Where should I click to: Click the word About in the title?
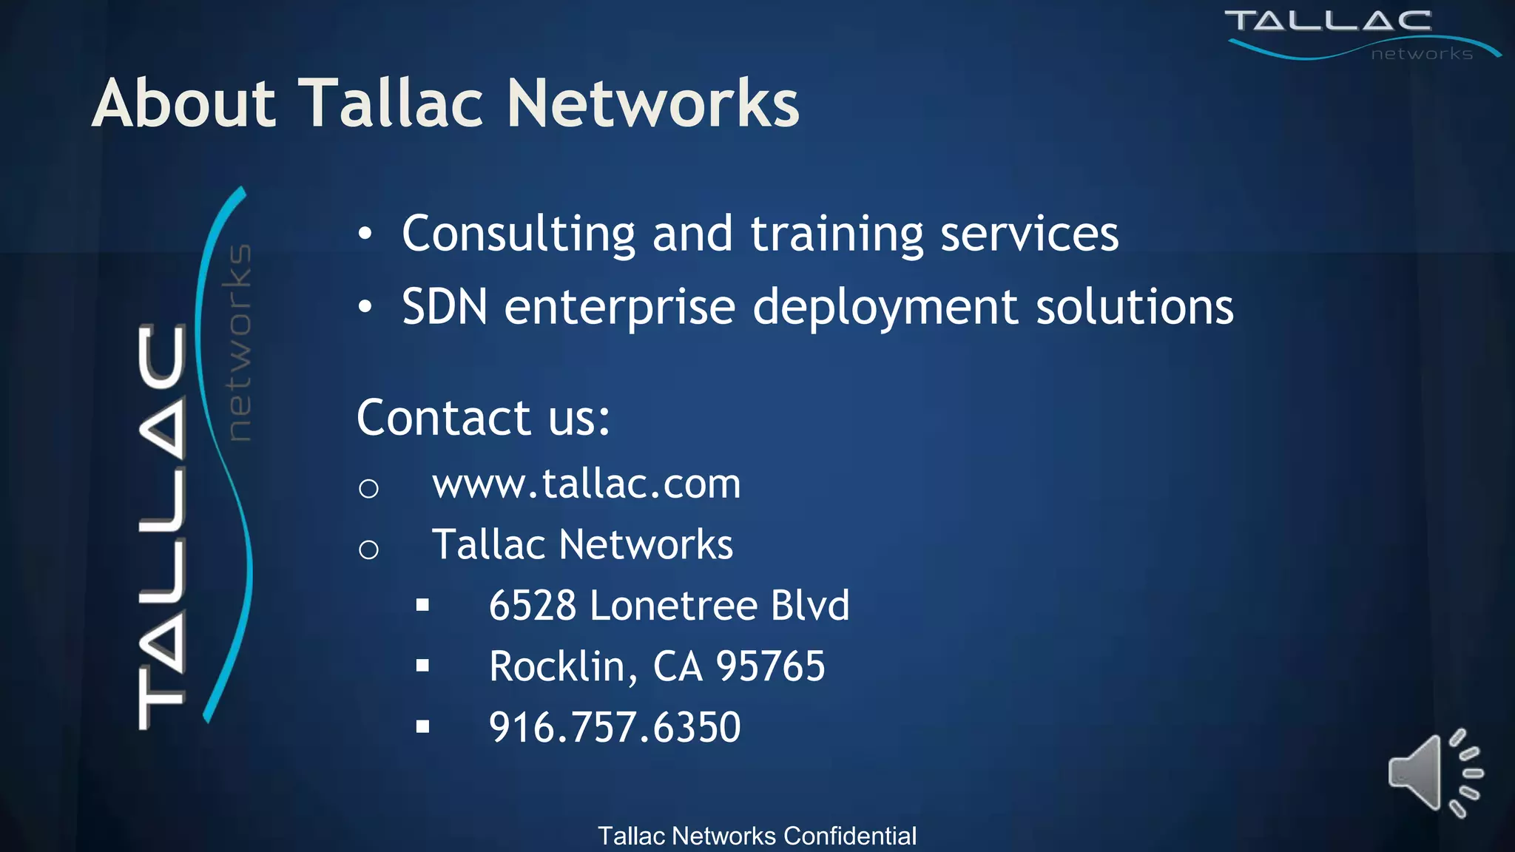(184, 104)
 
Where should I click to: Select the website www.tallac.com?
(586, 484)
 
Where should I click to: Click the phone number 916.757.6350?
(614, 727)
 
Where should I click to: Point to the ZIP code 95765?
(770, 666)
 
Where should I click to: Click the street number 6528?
(533, 606)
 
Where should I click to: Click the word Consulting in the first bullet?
(518, 234)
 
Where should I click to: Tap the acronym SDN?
(445, 307)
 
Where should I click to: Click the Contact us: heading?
(483, 418)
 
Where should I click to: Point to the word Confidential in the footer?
(850, 836)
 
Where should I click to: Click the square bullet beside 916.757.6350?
(422, 727)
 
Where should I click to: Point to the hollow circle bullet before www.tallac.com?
(368, 488)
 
